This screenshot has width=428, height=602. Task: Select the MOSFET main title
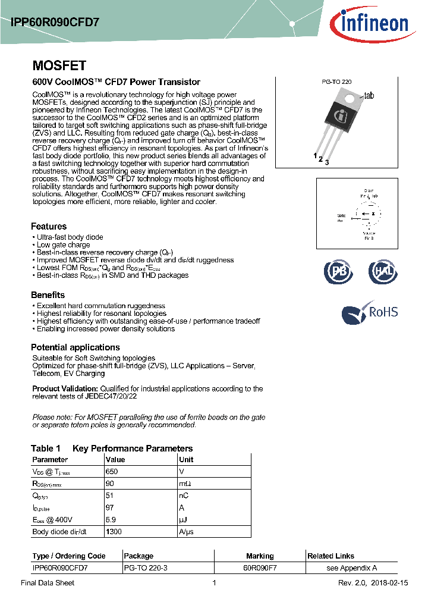59,65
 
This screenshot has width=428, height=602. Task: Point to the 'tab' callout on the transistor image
369,95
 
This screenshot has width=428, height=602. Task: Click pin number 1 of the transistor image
315,155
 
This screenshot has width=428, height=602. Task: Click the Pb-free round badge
338,272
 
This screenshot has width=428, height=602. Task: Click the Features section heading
49,226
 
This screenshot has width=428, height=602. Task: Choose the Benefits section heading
48,295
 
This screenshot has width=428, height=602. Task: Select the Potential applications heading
75,347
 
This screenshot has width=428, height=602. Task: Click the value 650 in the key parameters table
112,471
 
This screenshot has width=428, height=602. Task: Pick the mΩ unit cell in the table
185,483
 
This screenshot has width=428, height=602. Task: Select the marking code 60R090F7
260,567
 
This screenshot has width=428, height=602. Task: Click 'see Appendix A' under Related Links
352,567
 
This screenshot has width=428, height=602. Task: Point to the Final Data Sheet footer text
48,583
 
